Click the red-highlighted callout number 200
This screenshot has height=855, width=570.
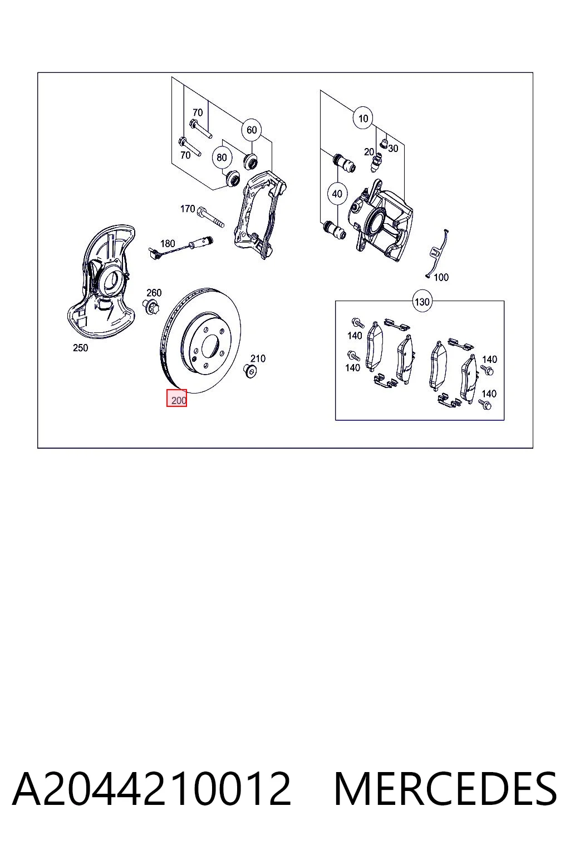tap(178, 400)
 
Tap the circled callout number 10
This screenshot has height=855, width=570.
tap(363, 119)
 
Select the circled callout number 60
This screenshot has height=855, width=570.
tap(251, 130)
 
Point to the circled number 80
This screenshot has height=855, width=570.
tap(222, 158)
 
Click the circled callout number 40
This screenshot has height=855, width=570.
tap(337, 194)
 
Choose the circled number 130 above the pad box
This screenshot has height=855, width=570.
tap(422, 302)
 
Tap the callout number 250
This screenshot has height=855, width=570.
tap(81, 348)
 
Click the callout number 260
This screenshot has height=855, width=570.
tap(154, 293)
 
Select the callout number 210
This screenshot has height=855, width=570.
tap(258, 358)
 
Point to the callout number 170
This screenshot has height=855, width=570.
tap(188, 209)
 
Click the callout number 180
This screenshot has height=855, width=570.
tap(168, 243)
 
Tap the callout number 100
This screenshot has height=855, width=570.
tap(441, 278)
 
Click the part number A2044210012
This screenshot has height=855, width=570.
tap(151, 789)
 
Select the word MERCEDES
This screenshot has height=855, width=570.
tap(445, 789)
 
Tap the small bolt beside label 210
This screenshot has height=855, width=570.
tap(250, 371)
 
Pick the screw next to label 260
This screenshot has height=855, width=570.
tap(151, 307)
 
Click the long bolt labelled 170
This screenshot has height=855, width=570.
tap(210, 217)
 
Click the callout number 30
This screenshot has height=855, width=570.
tap(393, 148)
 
